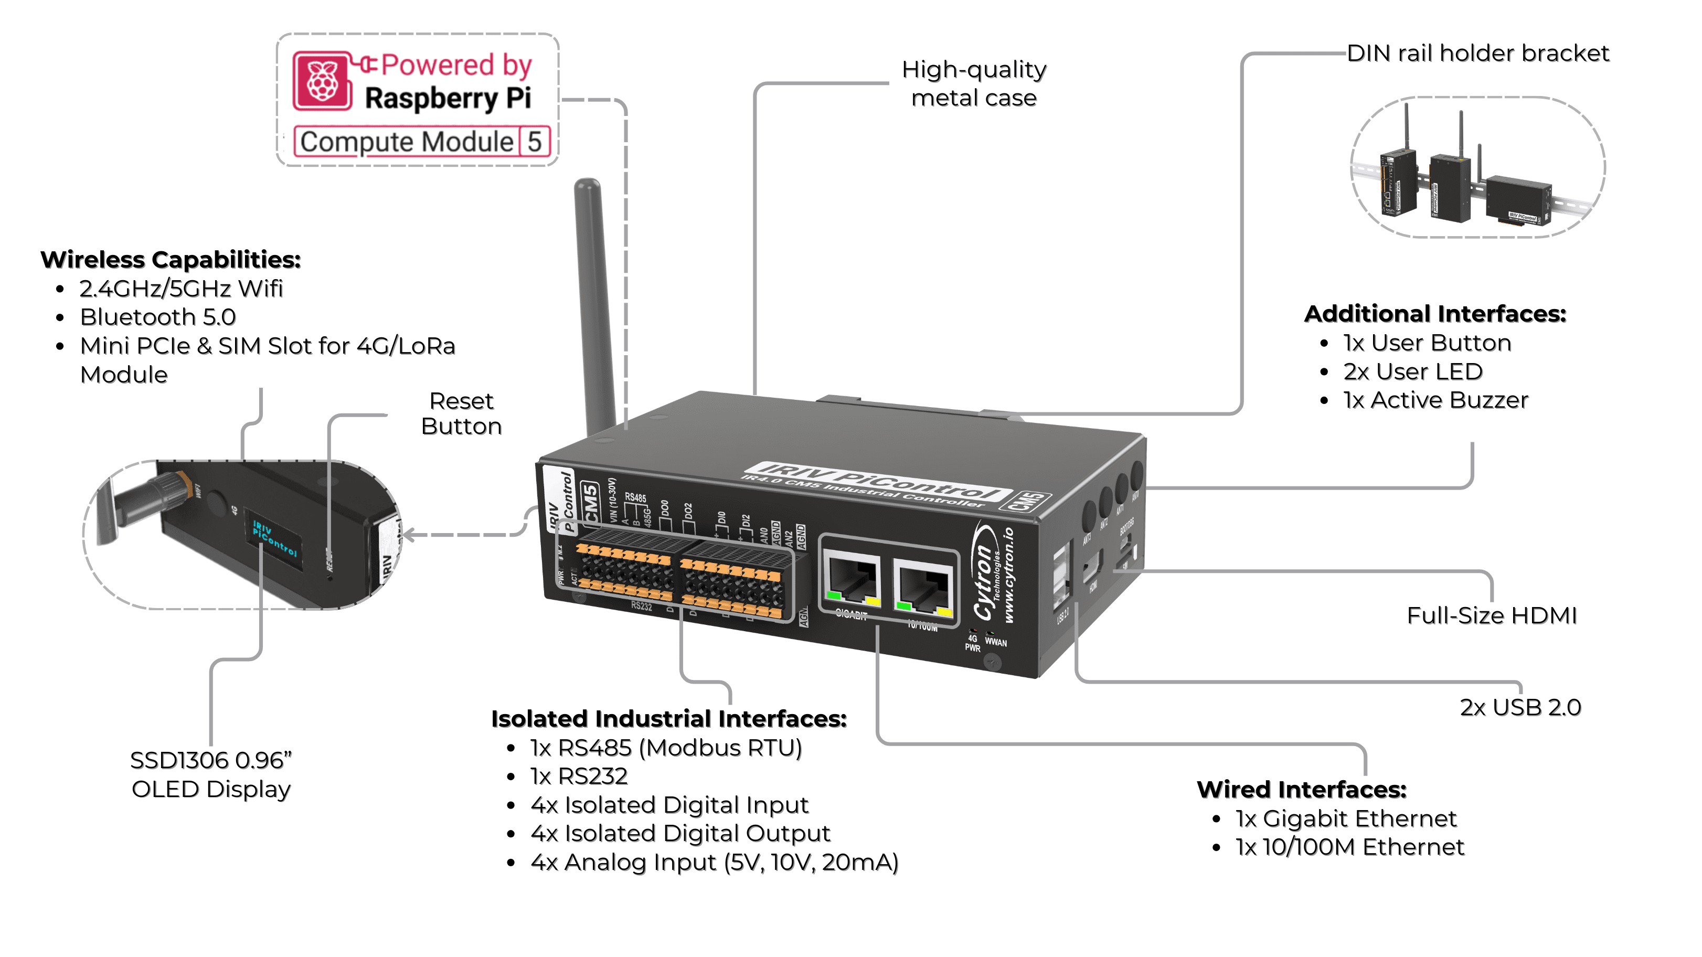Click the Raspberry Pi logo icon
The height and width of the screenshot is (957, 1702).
point(323,81)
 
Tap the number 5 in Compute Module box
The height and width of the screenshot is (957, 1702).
point(534,142)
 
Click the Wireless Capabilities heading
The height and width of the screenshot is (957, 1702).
point(171,260)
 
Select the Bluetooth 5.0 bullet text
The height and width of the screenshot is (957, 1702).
point(158,317)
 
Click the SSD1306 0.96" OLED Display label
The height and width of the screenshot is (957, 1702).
point(211,774)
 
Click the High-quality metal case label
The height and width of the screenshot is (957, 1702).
point(973,83)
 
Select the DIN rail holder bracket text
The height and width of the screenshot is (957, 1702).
point(1477,53)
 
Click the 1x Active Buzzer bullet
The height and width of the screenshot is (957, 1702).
point(1435,400)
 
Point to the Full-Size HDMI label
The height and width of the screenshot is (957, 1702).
point(1491,615)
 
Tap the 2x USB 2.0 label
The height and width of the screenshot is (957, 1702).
point(1519,707)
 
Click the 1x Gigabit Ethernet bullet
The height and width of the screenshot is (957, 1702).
point(1345,819)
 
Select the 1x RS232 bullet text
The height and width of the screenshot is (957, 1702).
point(579,777)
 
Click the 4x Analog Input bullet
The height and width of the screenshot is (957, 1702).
point(714,863)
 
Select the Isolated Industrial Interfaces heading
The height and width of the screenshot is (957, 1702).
point(668,719)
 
